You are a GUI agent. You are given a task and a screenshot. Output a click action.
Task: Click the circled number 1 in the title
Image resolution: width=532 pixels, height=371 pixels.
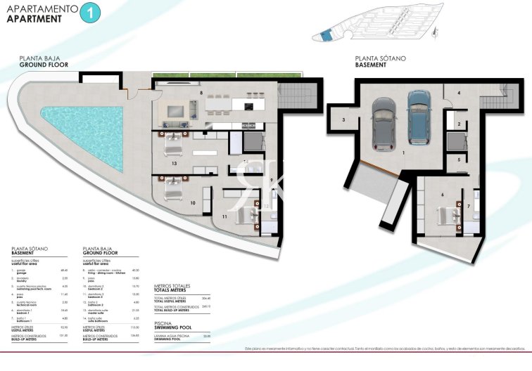90,12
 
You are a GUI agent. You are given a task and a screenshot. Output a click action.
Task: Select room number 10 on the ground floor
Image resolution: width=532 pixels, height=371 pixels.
193,203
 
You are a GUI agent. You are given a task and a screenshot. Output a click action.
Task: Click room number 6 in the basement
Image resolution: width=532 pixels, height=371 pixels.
443,195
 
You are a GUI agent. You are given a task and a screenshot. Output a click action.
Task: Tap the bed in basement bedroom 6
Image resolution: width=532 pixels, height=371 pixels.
448,213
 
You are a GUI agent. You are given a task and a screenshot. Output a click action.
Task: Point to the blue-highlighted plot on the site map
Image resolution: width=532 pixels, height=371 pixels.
325,36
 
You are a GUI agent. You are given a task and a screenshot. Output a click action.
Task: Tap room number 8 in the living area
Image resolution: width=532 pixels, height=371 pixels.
201,92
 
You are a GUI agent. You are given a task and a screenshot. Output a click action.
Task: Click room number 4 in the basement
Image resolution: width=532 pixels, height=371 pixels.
457,93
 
